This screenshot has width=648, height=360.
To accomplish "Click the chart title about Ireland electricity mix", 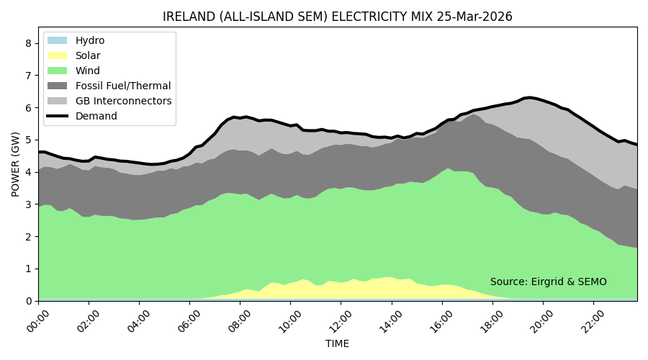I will tap(338, 17).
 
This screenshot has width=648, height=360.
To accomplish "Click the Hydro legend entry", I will tap(90, 40).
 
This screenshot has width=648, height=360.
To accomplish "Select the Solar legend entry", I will tap(88, 55).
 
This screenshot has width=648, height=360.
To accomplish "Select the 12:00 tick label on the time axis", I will tap(338, 318).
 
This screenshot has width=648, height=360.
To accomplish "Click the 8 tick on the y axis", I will tap(29, 43).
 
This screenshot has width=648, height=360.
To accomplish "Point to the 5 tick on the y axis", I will tap(29, 140).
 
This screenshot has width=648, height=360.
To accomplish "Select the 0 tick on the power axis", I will tap(29, 301).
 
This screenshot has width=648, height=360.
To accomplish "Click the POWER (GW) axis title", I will tap(16, 164).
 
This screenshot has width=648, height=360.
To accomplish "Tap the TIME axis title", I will tap(338, 344).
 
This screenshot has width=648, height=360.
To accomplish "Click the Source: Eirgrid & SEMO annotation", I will tap(549, 282).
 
